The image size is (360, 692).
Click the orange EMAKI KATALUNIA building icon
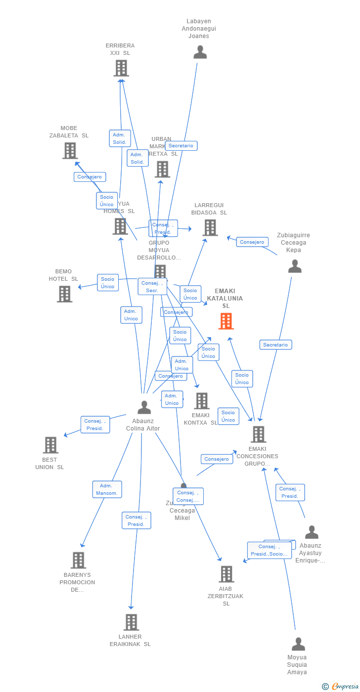[x=226, y=321]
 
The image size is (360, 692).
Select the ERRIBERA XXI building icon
[x=121, y=68]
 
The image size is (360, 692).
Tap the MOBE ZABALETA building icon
[x=70, y=151]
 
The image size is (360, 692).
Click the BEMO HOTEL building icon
[x=64, y=294]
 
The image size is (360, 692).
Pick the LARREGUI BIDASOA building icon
[x=210, y=227]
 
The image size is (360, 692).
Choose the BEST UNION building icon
[x=50, y=445]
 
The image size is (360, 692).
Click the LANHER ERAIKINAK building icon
[x=131, y=622]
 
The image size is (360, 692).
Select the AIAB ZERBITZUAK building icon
[x=226, y=574]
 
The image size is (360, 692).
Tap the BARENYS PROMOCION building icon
[x=78, y=560]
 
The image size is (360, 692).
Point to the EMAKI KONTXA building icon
[x=202, y=401]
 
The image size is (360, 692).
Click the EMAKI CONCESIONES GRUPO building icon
[x=258, y=434]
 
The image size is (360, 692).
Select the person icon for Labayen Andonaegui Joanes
[x=200, y=52]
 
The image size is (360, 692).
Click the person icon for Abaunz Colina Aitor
[x=144, y=408]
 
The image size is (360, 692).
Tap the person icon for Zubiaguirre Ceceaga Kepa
[x=295, y=266]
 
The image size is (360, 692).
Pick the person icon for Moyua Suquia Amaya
[x=298, y=644]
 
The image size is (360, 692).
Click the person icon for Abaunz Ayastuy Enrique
[x=312, y=532]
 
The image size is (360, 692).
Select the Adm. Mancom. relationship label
[x=107, y=489]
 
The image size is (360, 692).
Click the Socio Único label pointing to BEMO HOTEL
[x=108, y=283]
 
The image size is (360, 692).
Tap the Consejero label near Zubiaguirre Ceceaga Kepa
[x=253, y=242]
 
